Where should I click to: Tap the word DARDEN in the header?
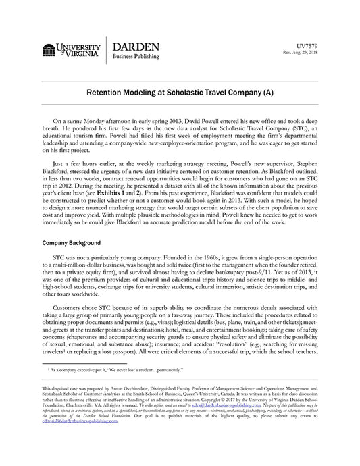136,46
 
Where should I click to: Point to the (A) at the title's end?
265,90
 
